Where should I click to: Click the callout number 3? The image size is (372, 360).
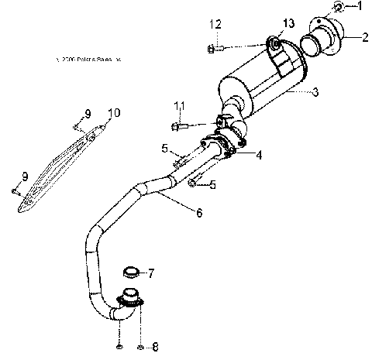point(315,93)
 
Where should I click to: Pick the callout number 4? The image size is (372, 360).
point(258,155)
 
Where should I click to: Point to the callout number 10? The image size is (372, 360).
point(114,113)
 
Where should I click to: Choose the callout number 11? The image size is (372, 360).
point(180,106)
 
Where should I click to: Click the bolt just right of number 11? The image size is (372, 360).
point(178,125)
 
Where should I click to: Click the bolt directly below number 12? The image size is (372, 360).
point(215,49)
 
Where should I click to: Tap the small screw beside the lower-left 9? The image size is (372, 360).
point(15,189)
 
